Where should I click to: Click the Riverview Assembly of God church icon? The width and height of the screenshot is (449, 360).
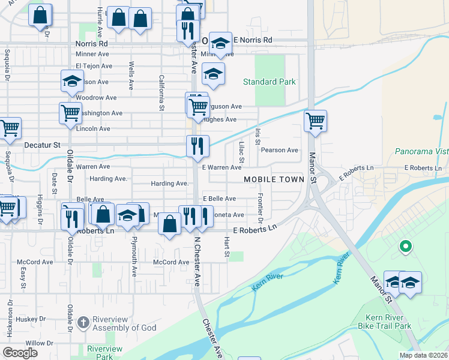(x=83, y=323)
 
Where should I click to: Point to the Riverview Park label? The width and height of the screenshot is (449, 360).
(x=104, y=352)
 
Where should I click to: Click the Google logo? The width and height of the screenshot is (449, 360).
(x=20, y=353)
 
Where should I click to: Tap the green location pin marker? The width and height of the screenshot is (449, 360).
(x=405, y=246)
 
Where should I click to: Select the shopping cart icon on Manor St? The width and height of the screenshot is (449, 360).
(x=315, y=121)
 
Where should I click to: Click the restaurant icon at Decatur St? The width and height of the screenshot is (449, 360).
(x=197, y=146)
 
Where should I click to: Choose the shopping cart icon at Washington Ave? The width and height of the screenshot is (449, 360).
(x=70, y=112)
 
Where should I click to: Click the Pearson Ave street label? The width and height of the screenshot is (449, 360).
(x=279, y=150)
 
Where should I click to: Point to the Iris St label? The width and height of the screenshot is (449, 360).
(x=258, y=136)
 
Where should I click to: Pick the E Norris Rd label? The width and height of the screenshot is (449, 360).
(x=252, y=40)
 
